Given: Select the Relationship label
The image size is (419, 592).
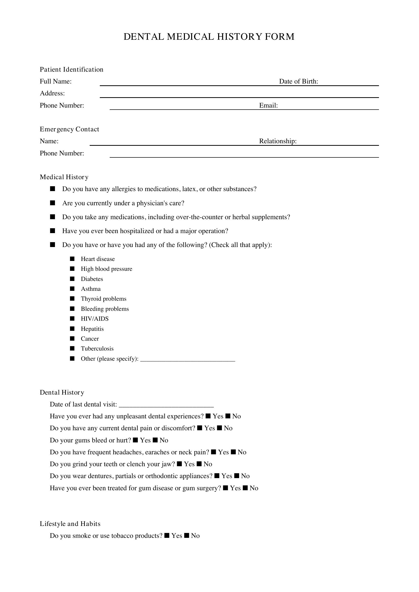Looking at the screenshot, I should (x=278, y=141).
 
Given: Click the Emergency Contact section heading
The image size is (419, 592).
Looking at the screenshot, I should (x=69, y=129).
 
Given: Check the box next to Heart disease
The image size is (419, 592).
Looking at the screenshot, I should (x=72, y=259).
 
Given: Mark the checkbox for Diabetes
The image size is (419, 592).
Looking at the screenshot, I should (x=72, y=279).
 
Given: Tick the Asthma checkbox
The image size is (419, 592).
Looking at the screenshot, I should (x=72, y=289).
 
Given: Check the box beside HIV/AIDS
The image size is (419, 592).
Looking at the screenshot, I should (x=72, y=318).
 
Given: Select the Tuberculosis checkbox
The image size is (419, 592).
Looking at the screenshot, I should (x=72, y=348).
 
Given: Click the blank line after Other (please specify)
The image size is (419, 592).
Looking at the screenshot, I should (x=187, y=359).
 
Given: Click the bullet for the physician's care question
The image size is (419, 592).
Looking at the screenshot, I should (x=53, y=203).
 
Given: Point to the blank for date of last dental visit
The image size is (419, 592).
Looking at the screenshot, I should (x=166, y=404).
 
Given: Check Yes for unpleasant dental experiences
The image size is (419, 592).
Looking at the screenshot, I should (x=208, y=416).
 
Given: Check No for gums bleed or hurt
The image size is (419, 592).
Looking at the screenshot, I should (x=155, y=440).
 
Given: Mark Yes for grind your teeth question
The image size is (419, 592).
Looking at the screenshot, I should (x=180, y=464).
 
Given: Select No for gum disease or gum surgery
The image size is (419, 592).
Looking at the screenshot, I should (x=245, y=488).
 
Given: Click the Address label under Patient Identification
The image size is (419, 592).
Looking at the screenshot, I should (x=52, y=93).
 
